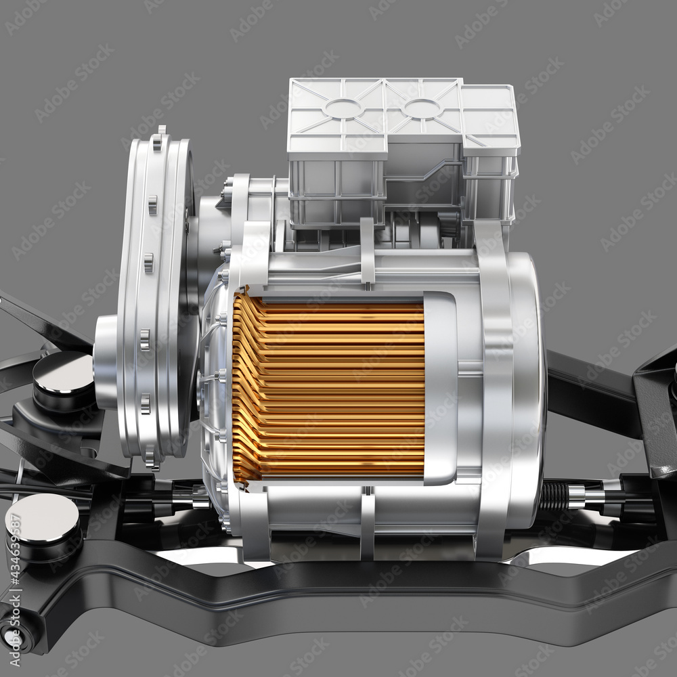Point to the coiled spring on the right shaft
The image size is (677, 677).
(553, 496)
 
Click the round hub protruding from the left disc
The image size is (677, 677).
(106, 362)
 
